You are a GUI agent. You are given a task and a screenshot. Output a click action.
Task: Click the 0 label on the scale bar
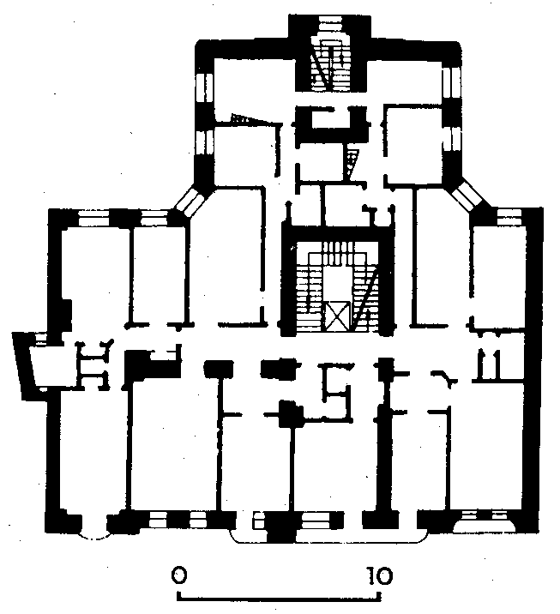(179, 575)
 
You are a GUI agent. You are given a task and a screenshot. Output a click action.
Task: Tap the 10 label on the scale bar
(379, 575)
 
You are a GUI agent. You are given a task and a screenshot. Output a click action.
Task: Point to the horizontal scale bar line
(279, 598)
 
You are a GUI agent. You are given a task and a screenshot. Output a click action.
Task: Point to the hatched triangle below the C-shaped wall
(351, 162)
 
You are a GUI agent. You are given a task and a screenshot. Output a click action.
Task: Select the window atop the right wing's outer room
(509, 217)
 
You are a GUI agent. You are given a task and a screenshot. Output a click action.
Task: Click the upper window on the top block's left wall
(204, 87)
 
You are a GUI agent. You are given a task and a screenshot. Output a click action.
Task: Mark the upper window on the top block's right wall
(452, 83)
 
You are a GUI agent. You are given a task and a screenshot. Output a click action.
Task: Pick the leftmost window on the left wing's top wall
(94, 219)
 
